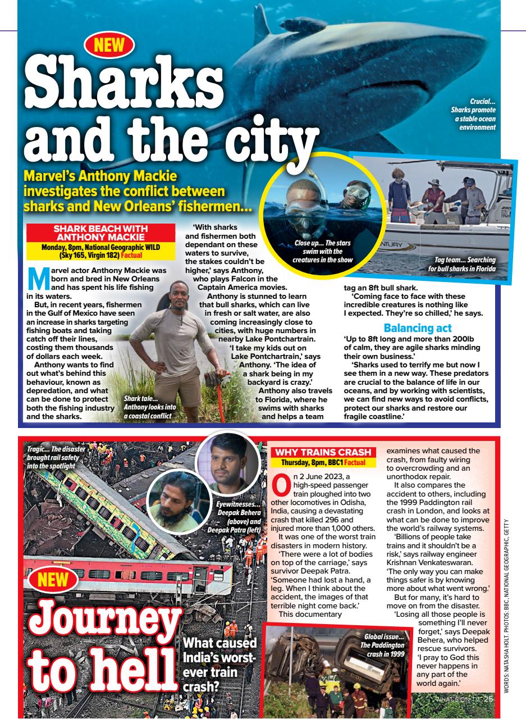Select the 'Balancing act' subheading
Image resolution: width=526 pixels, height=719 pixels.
pos(417,327)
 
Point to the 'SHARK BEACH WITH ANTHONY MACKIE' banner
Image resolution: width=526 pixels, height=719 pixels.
pos(100,233)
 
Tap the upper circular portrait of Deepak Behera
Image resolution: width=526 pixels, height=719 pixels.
pos(229,462)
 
